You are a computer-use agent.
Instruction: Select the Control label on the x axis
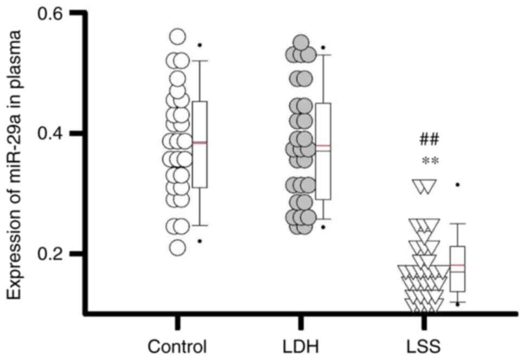pyautogui.click(x=178, y=345)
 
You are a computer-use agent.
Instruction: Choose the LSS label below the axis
pyautogui.click(x=424, y=345)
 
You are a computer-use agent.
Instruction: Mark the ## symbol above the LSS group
pyautogui.click(x=429, y=140)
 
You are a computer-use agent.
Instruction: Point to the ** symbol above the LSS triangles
pyautogui.click(x=429, y=160)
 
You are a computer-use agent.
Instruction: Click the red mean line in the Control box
pyautogui.click(x=200, y=142)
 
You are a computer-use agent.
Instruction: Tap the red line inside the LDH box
pyautogui.click(x=323, y=146)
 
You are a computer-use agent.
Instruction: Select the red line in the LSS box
pyautogui.click(x=458, y=265)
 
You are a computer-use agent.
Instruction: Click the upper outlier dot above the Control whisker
pyautogui.click(x=199, y=45)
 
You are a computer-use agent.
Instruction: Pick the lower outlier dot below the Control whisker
pyautogui.click(x=199, y=241)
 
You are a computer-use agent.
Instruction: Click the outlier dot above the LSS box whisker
pyautogui.click(x=457, y=185)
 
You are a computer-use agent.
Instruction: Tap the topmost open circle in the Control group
pyautogui.click(x=178, y=36)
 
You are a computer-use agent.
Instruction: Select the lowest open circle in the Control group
pyautogui.click(x=178, y=247)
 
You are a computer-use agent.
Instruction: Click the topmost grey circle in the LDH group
pyautogui.click(x=301, y=42)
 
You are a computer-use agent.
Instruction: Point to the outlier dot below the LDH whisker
pyautogui.click(x=323, y=227)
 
